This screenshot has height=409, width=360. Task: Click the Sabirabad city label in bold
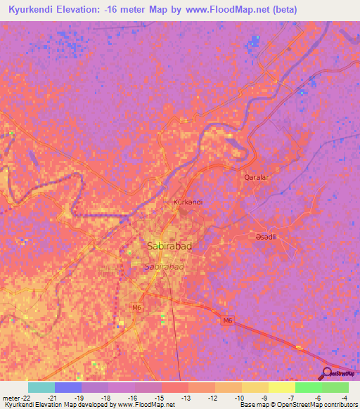click(x=169, y=247)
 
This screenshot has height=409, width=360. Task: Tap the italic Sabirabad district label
click(x=164, y=267)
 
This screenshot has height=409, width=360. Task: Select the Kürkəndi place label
click(x=188, y=202)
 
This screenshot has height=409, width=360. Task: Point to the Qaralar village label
click(x=257, y=178)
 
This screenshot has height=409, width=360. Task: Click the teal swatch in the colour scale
click(x=41, y=387)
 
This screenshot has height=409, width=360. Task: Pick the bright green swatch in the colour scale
click(x=308, y=387)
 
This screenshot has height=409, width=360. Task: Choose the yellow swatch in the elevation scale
click(x=281, y=387)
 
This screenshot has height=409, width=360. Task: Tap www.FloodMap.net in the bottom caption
click(x=147, y=405)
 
